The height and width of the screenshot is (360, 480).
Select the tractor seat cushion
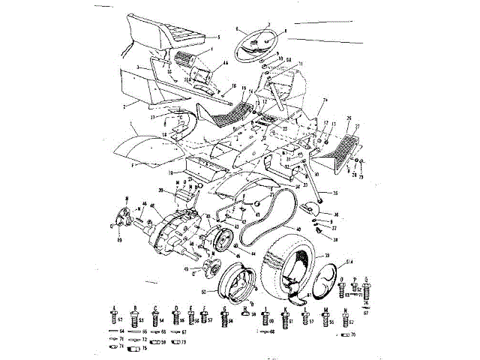click(x=169, y=33)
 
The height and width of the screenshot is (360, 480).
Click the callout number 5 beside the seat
click(x=218, y=37)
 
